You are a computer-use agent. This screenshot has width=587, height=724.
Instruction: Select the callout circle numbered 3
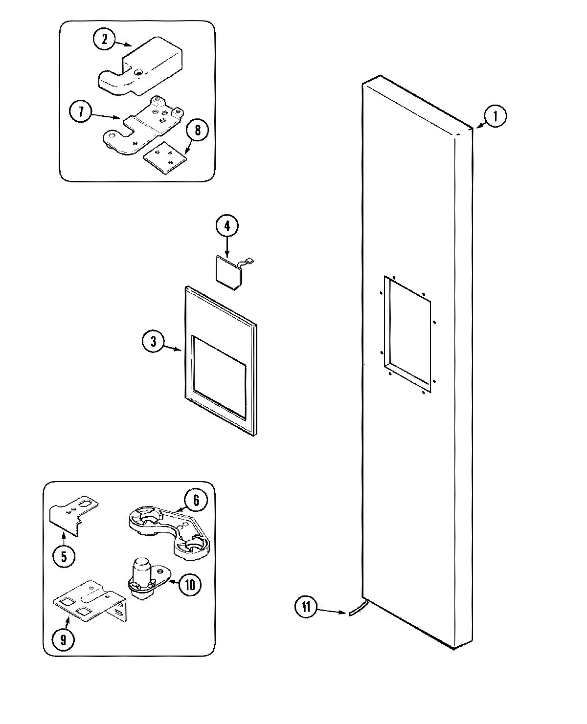coord(154,342)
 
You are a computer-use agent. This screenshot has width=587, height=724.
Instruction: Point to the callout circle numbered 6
coord(196,500)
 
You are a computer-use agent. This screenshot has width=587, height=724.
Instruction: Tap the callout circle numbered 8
coord(197,131)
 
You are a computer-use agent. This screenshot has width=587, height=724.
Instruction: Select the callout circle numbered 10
coord(190,584)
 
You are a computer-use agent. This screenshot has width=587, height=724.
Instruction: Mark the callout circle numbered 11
coord(306,608)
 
